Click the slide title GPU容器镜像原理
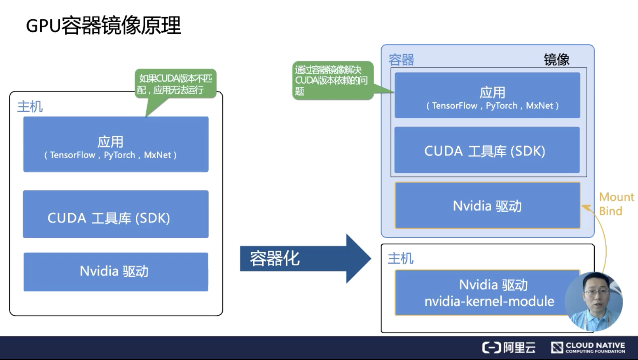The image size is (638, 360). pos(103,26)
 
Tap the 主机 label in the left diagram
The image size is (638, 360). pos(30,107)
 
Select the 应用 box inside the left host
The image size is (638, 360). pos(115,144)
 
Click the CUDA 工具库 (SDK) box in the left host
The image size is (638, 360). pos(115,214)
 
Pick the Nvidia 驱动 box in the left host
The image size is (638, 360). pos(115,272)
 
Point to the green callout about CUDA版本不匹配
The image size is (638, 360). pos(175,84)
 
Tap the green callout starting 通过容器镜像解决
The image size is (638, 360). pos(332,80)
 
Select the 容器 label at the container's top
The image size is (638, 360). pos(401,60)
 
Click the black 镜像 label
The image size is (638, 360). pos(556,59)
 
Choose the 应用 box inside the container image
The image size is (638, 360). pos(487,96)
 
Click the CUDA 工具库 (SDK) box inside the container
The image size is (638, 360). pos(487,150)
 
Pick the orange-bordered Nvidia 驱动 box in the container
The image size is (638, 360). pos(487,205)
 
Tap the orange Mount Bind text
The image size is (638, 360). pos(616,204)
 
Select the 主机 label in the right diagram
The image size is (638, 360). pos(400,259)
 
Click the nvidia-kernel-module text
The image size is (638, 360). pos(489,301)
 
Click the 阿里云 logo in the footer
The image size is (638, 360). pos(509,348)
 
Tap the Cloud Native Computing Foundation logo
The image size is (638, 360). pos(588,348)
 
